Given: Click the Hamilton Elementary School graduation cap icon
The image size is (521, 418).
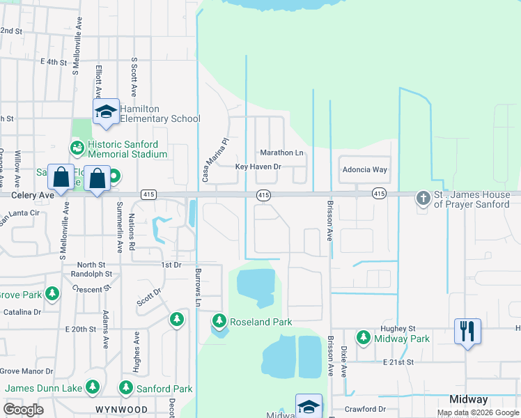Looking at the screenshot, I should pos(106,111).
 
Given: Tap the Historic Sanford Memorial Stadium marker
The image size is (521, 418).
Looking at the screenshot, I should pos(76,148).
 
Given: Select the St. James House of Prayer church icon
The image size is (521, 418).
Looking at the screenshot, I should pos(423,198).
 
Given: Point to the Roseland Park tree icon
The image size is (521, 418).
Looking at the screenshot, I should pos(219,321).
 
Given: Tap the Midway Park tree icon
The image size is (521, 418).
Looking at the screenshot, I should pos(363,338).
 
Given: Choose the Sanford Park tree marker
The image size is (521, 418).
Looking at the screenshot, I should pos(126,388).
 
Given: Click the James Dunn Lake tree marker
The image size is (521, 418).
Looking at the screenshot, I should pos(93,387).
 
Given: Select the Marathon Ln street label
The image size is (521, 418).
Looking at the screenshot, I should pos(282,153).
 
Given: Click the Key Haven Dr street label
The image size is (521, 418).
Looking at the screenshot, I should pos(258,167).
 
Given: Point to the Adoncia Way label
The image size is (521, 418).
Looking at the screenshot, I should pos(364,169).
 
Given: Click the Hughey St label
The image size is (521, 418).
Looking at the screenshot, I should pos(397,328).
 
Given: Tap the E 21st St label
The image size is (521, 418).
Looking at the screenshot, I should pos(398,362).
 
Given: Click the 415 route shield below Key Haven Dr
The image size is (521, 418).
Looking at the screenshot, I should pos(263,196).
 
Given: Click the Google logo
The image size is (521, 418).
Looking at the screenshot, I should pos(24,409).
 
